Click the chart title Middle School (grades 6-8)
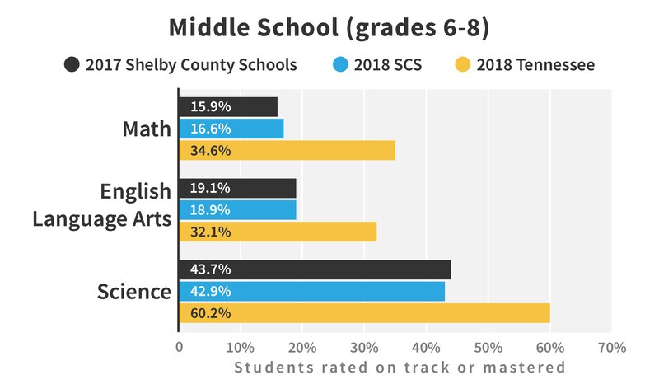(x=329, y=26)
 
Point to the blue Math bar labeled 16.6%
(x=231, y=129)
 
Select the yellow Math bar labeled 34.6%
(x=287, y=151)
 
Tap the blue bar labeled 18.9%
(x=237, y=209)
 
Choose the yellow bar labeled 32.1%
(x=278, y=232)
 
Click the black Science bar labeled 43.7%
(x=315, y=269)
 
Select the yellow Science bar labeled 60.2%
(x=364, y=313)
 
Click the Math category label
(x=146, y=129)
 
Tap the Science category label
(x=134, y=292)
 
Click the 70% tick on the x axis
(x=611, y=347)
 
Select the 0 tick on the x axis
(x=179, y=347)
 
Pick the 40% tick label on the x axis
(x=426, y=347)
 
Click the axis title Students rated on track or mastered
(x=400, y=368)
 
